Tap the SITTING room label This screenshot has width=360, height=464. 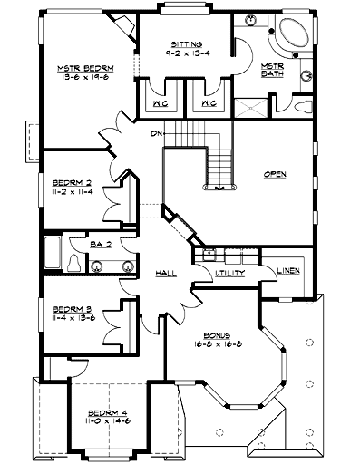[x=185, y=43]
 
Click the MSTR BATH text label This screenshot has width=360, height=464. [x=273, y=71]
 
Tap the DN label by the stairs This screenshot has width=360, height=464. [x=157, y=135]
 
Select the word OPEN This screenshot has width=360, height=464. [x=274, y=174]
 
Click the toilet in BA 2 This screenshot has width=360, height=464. [x=71, y=263]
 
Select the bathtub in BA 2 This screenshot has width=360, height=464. [x=50, y=254]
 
